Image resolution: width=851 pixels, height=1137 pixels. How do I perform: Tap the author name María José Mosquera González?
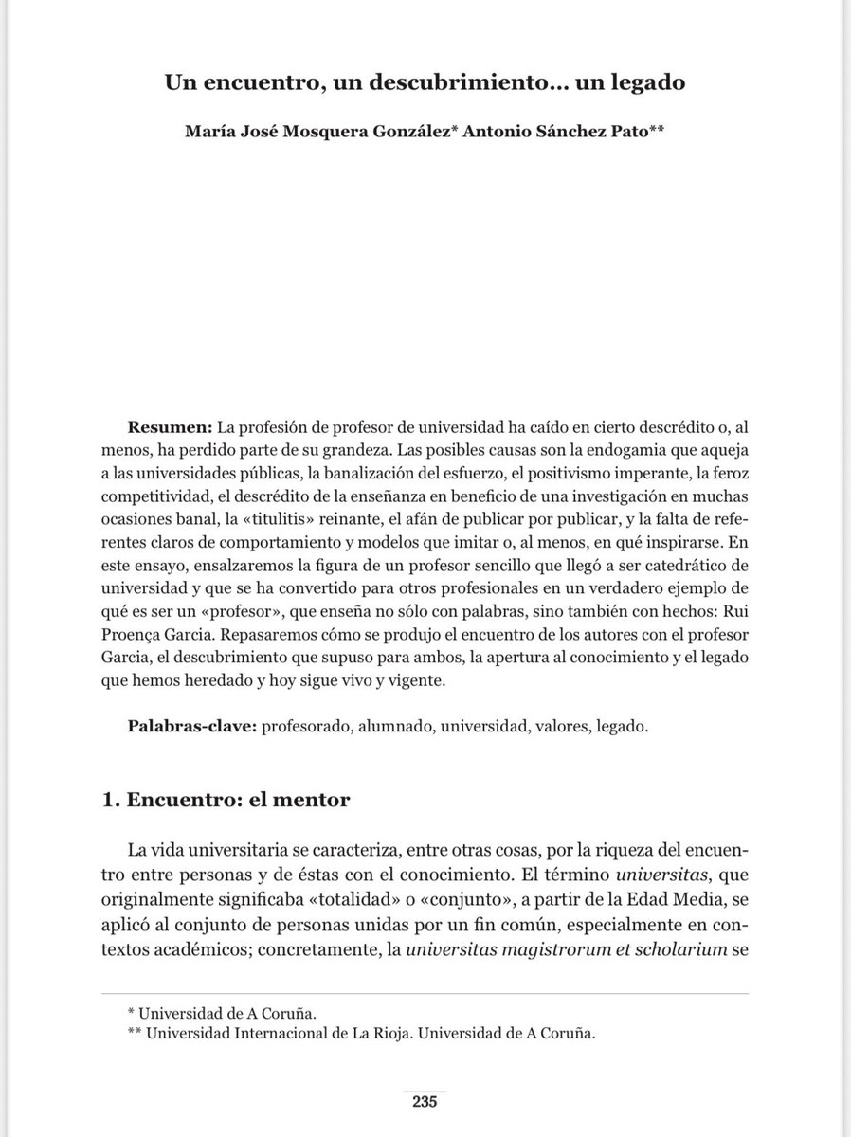tap(306, 134)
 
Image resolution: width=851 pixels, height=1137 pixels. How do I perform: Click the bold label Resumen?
tap(170, 429)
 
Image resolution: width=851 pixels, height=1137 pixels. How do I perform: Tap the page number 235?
tap(424, 1102)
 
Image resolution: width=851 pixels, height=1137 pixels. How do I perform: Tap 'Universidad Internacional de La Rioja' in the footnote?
tap(269, 1034)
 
